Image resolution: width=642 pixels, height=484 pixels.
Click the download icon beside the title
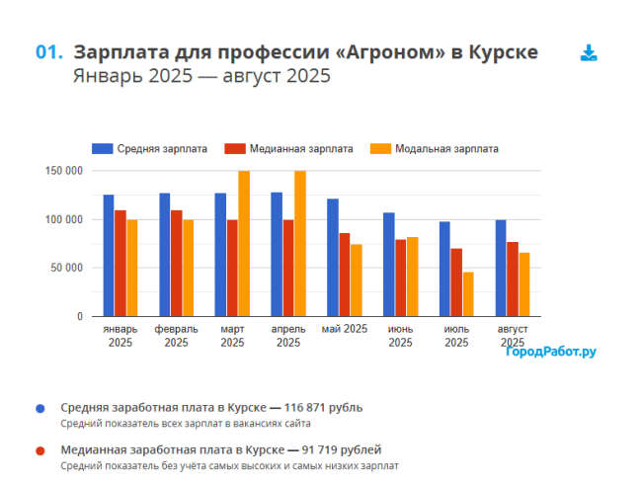pyautogui.click(x=589, y=53)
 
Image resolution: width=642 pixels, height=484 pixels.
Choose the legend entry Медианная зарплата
pyautogui.click(x=288, y=149)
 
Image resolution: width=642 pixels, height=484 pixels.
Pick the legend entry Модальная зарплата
pyautogui.click(x=435, y=149)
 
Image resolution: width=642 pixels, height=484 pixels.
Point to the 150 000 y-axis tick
pyautogui.click(x=64, y=171)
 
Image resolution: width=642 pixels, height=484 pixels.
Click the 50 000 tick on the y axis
pyautogui.click(x=68, y=268)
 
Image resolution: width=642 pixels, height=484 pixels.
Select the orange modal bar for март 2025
pyautogui.click(x=243, y=244)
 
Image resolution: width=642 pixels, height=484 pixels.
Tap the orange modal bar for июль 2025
pyautogui.click(x=468, y=294)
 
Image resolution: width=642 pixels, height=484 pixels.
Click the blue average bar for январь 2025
pyautogui.click(x=109, y=256)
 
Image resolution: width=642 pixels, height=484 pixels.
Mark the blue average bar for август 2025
pyautogui.click(x=501, y=268)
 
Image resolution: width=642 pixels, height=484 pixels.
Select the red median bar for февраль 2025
pyautogui.click(x=176, y=263)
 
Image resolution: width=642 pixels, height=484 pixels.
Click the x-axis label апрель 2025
pyautogui.click(x=288, y=336)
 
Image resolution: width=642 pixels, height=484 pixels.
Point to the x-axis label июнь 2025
pyautogui.click(x=400, y=336)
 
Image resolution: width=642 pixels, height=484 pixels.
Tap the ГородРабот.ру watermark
pyautogui.click(x=551, y=351)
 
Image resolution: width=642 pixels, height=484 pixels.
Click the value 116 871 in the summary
pyautogui.click(x=309, y=407)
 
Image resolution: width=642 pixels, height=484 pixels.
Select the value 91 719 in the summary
pyautogui.click(x=334, y=449)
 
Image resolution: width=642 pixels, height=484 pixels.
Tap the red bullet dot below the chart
pyautogui.click(x=40, y=450)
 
